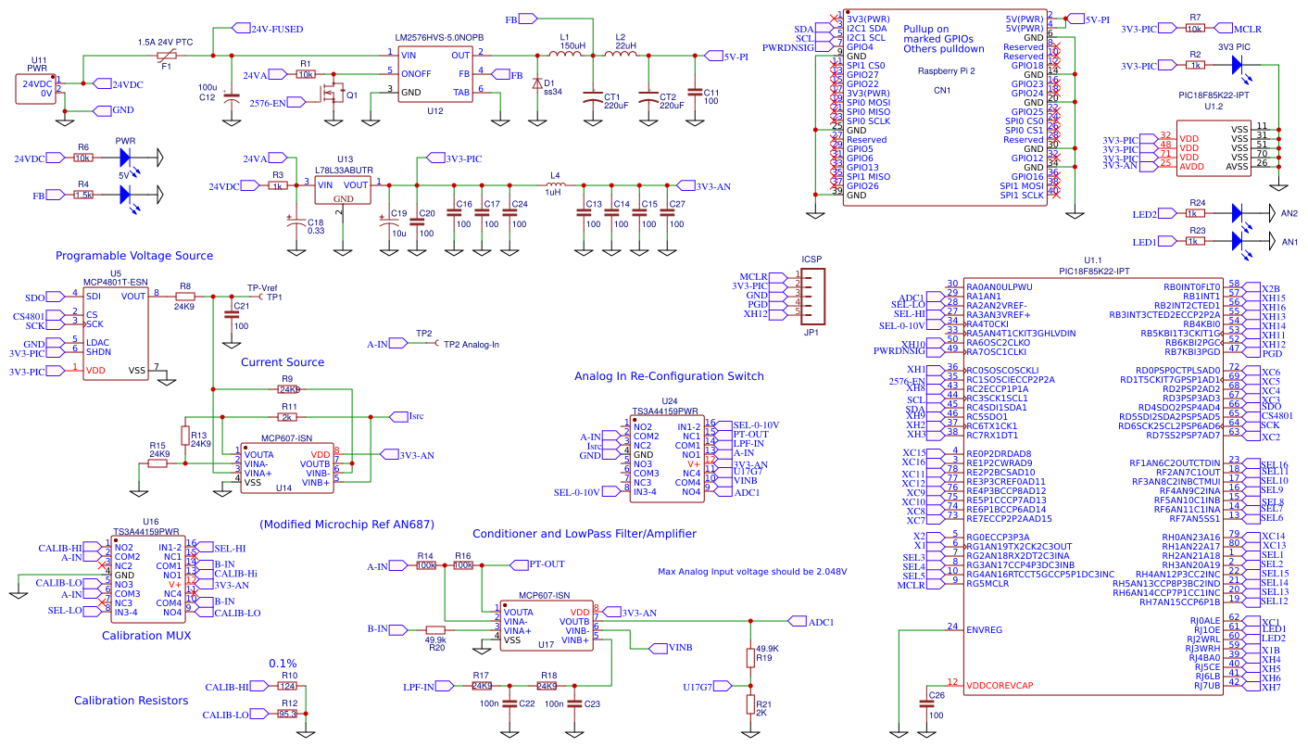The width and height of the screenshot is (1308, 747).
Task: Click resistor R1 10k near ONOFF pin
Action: pyautogui.click(x=306, y=74)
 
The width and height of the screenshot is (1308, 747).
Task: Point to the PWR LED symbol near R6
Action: pyautogui.click(x=126, y=158)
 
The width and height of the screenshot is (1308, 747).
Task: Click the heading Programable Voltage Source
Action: pyautogui.click(x=134, y=256)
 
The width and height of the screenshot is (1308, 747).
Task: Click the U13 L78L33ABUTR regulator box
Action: pyautogui.click(x=343, y=190)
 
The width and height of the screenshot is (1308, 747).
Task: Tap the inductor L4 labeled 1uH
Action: pyautogui.click(x=556, y=184)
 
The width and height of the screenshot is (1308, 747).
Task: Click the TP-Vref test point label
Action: pyautogui.click(x=262, y=287)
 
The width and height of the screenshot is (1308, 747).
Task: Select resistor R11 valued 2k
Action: pyautogui.click(x=290, y=417)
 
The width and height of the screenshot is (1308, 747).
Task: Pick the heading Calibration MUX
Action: pyautogui.click(x=146, y=635)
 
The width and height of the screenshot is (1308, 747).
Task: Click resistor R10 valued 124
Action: pyautogui.click(x=288, y=687)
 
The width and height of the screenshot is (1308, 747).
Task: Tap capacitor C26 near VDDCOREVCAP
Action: pyautogui.click(x=927, y=704)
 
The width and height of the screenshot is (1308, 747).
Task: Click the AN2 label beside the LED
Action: pyautogui.click(x=1289, y=214)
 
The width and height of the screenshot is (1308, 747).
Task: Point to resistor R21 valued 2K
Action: pyautogui.click(x=750, y=704)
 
